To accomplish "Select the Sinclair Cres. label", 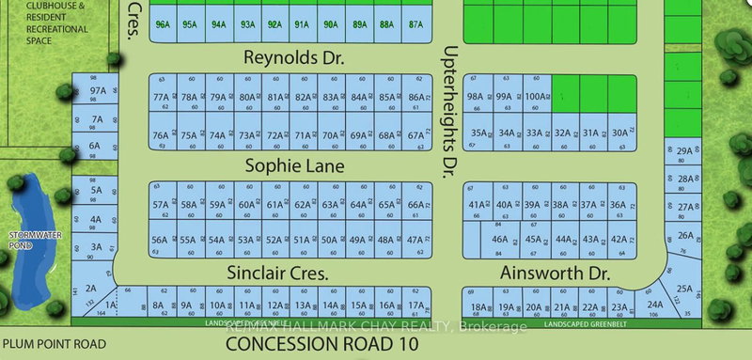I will tap(278, 274).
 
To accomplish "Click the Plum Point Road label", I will tap(54, 343).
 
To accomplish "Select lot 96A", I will tap(163, 24).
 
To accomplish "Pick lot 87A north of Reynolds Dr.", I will tap(415, 24).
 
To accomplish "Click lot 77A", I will tap(162, 97).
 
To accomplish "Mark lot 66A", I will tap(415, 205).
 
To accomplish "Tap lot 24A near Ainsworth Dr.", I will tap(655, 304).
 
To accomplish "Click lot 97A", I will tap(97, 92).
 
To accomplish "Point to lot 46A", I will tap(500, 240).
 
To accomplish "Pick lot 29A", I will tap(684, 150).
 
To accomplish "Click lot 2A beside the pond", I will tap(91, 288).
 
